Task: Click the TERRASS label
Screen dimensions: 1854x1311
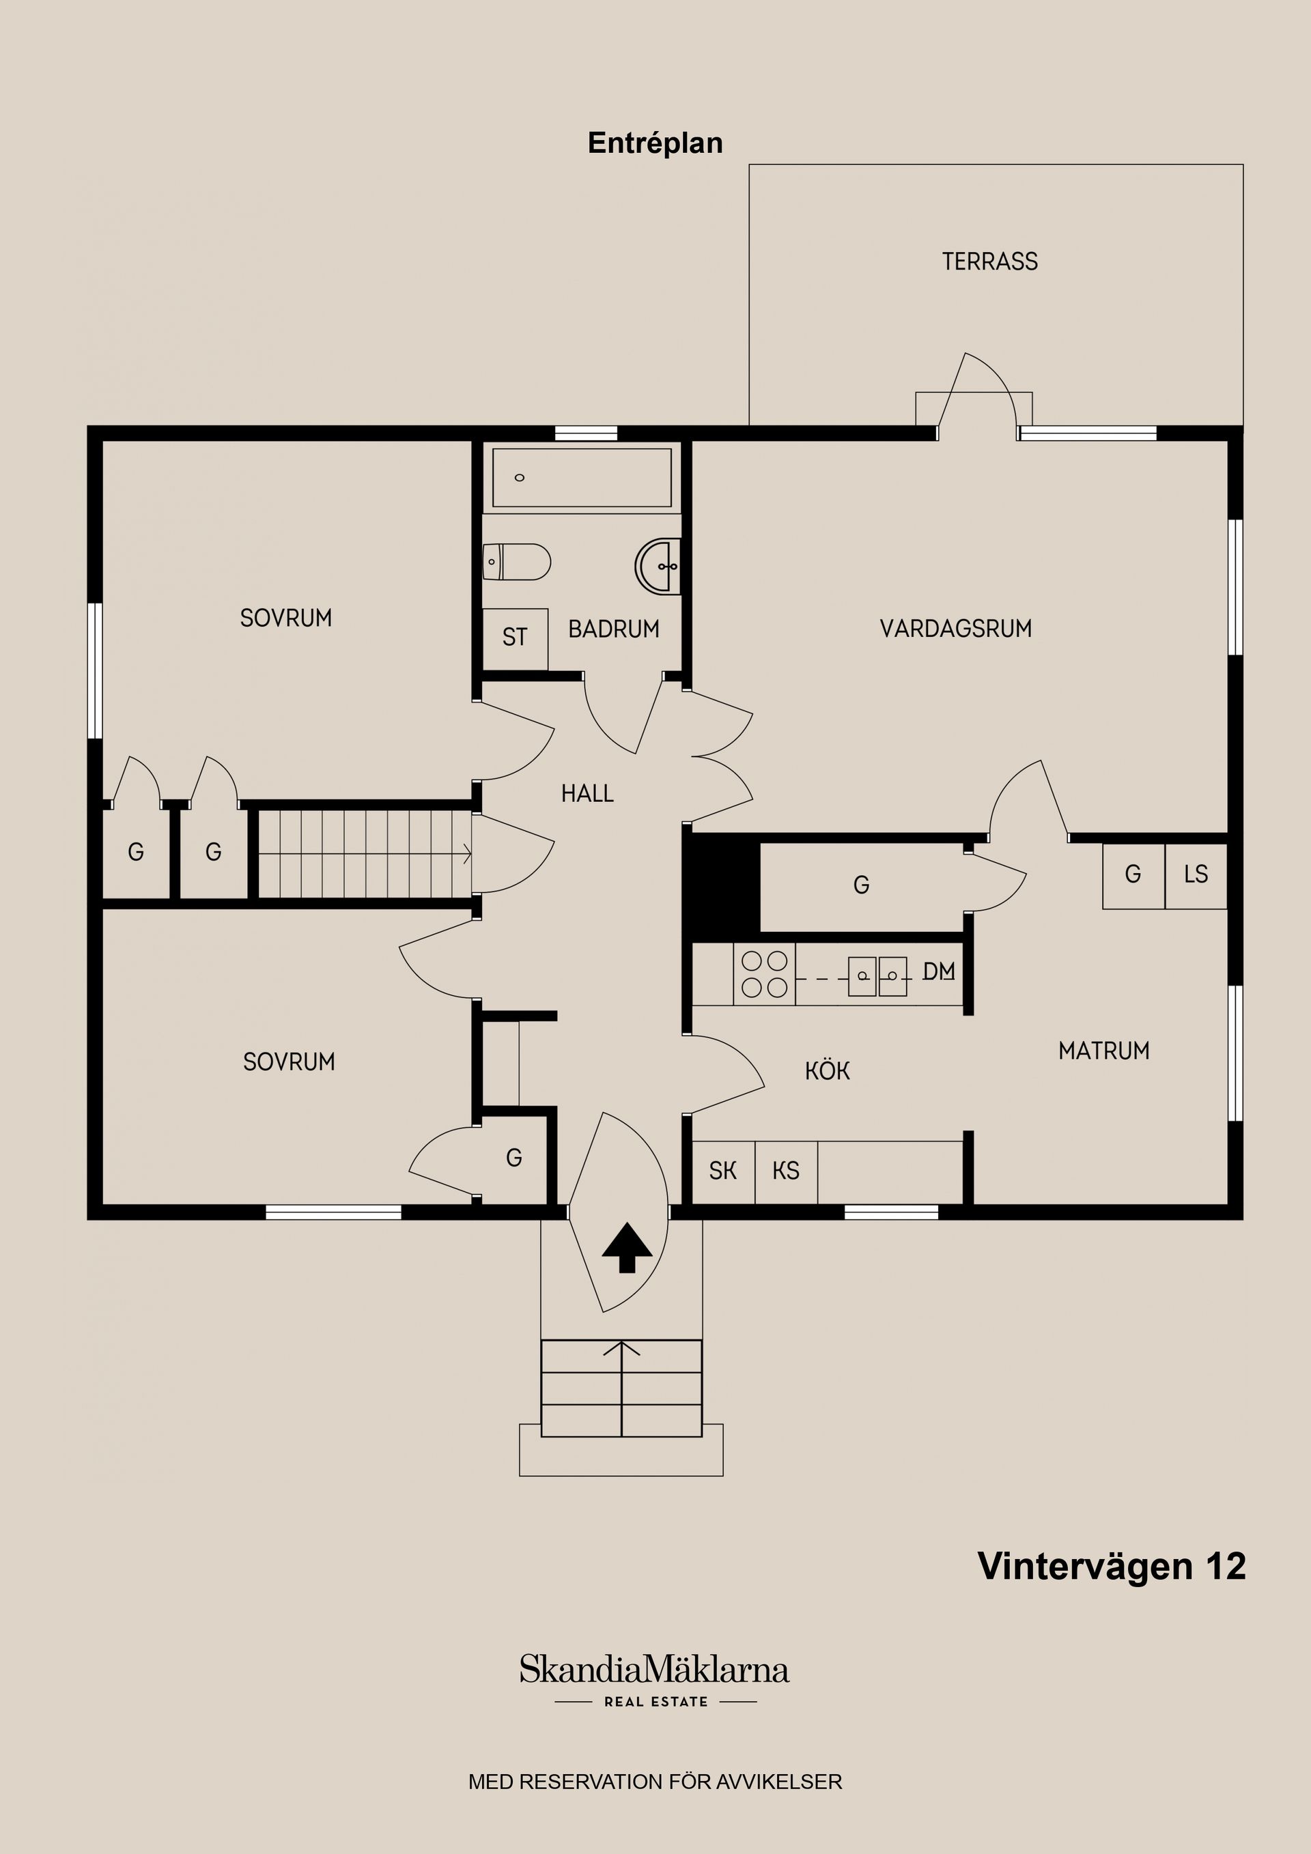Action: (x=989, y=261)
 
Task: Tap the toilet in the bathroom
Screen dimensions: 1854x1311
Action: (x=517, y=561)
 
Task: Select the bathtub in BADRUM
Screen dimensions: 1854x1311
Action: (x=582, y=478)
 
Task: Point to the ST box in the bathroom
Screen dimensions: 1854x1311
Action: (x=515, y=638)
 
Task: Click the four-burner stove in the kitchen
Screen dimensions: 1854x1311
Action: (x=764, y=974)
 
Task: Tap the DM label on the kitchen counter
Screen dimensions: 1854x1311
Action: (x=939, y=971)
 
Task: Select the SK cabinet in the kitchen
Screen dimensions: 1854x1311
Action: (x=723, y=1171)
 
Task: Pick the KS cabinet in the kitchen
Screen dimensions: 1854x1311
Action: (x=786, y=1171)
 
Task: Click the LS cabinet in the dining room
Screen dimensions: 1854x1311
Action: (x=1196, y=874)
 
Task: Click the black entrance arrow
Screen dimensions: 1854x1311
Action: (x=627, y=1248)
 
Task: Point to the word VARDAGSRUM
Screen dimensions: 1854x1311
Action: (x=955, y=629)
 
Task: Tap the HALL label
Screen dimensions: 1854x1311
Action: (x=587, y=794)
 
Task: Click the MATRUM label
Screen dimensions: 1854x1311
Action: (x=1103, y=1051)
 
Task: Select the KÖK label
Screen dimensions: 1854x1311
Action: (x=827, y=1072)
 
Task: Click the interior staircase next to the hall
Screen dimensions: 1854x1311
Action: (x=363, y=855)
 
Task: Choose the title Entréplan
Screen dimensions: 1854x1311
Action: (x=655, y=143)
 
